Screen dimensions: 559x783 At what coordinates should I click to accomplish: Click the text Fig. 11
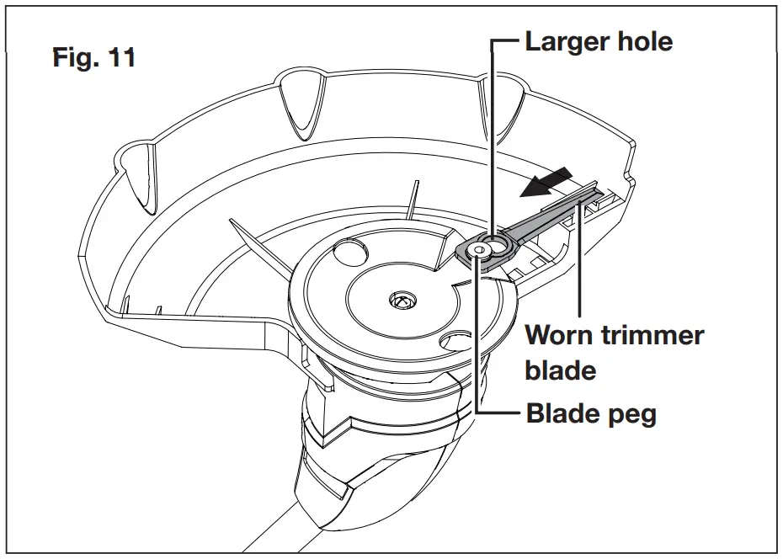[94, 58]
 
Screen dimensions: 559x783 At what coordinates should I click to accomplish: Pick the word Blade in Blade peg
[562, 414]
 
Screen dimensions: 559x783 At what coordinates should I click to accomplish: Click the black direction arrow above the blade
[546, 183]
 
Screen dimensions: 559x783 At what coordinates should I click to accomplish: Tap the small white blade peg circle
[479, 250]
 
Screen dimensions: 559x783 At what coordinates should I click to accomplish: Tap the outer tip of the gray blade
[599, 193]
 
